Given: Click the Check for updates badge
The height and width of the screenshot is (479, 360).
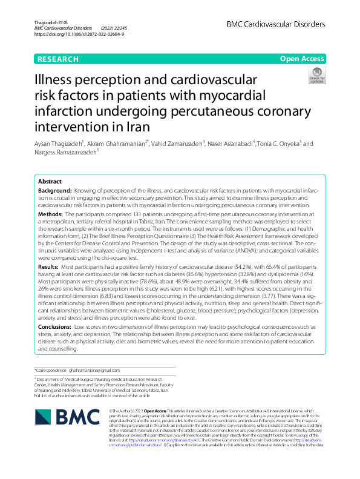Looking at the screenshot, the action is (316, 76).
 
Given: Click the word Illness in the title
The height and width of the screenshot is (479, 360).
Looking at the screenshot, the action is (56, 80).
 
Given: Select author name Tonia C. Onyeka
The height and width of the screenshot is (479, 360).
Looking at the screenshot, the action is (280, 144).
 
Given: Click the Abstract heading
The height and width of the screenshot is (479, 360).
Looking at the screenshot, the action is (50, 182).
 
